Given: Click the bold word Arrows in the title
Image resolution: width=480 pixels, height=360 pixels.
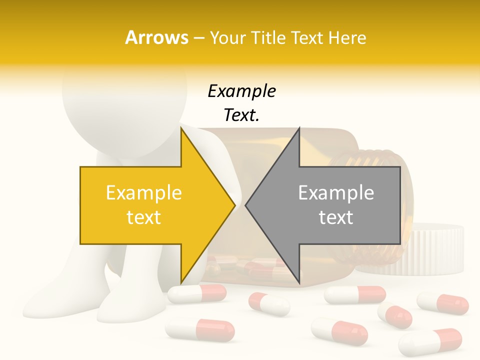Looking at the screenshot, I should point(156,37).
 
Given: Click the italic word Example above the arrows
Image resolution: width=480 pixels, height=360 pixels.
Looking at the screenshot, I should point(241,91).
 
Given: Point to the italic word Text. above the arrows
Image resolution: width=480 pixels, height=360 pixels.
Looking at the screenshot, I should point(241,115).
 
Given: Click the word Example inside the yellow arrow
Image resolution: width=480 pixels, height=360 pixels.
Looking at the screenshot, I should point(143,193).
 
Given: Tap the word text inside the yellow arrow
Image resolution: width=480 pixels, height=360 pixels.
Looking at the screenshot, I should point(143,217).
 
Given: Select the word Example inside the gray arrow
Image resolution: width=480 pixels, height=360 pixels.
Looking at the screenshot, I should point(336,193).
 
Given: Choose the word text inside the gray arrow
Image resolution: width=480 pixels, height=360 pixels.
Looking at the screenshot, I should point(336,217).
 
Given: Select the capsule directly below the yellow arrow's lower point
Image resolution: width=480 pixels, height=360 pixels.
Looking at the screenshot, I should point(196,293).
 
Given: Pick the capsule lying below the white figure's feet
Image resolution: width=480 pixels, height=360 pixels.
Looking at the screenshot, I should point(199,330).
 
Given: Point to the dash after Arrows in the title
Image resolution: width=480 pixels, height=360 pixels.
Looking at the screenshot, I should point(199,38).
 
